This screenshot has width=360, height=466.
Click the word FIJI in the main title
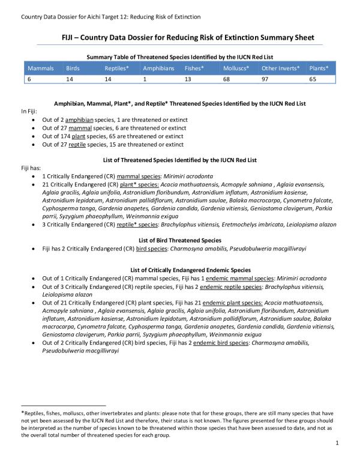click(70, 37)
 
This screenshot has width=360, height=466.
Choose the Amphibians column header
click(158, 68)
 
